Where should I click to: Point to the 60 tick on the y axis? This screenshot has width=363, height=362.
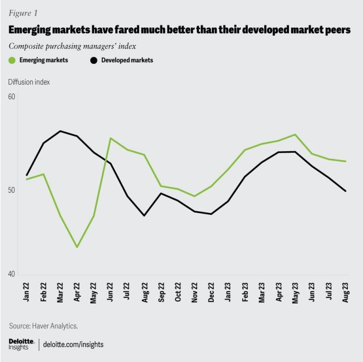click(x=12, y=97)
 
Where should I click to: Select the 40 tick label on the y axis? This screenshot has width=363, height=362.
click(x=12, y=274)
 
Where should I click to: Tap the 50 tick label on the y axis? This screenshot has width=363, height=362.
click(x=12, y=190)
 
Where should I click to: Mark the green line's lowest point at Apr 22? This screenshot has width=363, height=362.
click(x=77, y=247)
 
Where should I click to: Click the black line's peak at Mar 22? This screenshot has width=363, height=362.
click(x=60, y=131)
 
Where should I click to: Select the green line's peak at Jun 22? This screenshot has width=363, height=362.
click(x=111, y=138)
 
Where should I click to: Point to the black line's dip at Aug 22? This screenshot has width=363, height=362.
click(x=144, y=215)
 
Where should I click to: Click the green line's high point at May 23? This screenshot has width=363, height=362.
click(x=295, y=135)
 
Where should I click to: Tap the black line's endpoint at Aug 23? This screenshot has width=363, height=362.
click(x=346, y=191)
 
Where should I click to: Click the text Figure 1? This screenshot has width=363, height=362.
click(x=22, y=13)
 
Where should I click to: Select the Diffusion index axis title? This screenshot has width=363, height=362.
click(x=29, y=82)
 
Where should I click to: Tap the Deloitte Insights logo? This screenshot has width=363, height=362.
click(x=22, y=344)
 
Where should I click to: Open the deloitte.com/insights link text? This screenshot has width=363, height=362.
click(x=73, y=345)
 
